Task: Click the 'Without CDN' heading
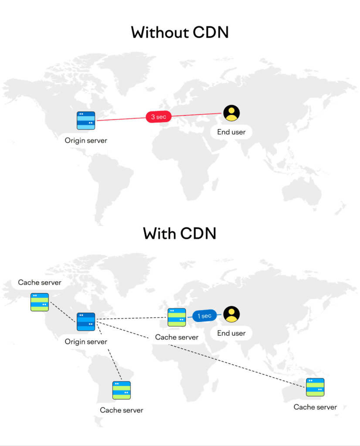pyautogui.click(x=180, y=33)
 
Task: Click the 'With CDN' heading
pyautogui.click(x=180, y=233)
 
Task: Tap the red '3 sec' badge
pyautogui.click(x=159, y=117)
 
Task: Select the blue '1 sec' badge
pyautogui.click(x=204, y=316)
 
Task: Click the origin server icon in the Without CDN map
pyautogui.click(x=86, y=120)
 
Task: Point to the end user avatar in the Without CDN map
pyautogui.click(x=231, y=113)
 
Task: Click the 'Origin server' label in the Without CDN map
pyautogui.click(x=86, y=140)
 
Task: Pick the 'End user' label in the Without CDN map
pyautogui.click(x=231, y=132)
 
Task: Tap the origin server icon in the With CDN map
pyautogui.click(x=86, y=321)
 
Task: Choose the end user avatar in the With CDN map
pyautogui.click(x=231, y=314)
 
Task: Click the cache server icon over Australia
pyautogui.click(x=315, y=387)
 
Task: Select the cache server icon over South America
pyautogui.click(x=122, y=390)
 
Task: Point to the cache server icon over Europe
pyautogui.click(x=177, y=318)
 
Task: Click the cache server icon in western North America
pyautogui.click(x=40, y=302)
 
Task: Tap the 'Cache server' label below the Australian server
pyautogui.click(x=315, y=407)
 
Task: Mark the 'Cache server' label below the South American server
pyautogui.click(x=122, y=410)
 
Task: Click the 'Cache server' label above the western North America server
pyautogui.click(x=40, y=283)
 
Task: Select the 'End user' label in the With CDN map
pyautogui.click(x=231, y=333)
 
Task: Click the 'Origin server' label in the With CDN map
pyautogui.click(x=86, y=341)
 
